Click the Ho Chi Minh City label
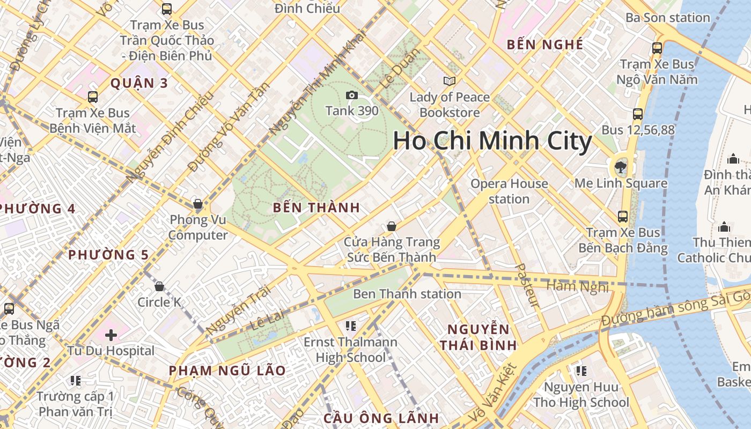tap(492, 141)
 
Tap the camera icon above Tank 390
tap(352, 95)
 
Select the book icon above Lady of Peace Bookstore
tap(450, 82)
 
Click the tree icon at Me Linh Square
tap(621, 166)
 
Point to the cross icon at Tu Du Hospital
tap(111, 336)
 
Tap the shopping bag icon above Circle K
tap(159, 287)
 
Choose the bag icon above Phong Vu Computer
tap(198, 204)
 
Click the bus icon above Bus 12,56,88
tap(637, 114)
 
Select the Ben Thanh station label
tap(407, 294)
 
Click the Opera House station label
tap(509, 191)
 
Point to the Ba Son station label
tap(668, 18)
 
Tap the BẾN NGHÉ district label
tap(545, 45)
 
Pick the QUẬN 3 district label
tap(139, 83)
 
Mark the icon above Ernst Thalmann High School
tap(351, 326)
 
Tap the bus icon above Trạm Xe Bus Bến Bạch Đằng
tap(622, 217)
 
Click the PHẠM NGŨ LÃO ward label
tap(227, 371)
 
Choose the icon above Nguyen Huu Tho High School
tap(581, 371)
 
